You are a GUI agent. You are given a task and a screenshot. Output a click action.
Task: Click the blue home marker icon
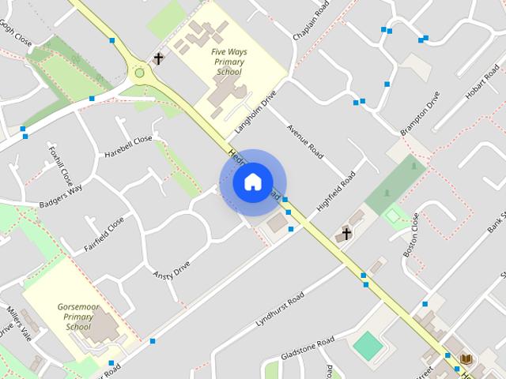[252, 182]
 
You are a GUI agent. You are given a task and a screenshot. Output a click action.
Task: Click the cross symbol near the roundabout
[158, 58]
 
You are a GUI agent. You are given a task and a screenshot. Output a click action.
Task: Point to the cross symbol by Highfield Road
[345, 234]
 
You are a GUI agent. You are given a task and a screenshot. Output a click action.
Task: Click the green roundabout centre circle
[140, 73]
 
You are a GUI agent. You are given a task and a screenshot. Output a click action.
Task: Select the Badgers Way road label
[61, 197]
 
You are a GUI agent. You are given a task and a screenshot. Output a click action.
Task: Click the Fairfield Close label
[104, 235]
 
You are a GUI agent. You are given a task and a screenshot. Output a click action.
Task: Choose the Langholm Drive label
[255, 111]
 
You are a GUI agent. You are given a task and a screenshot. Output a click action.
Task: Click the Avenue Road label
[305, 140]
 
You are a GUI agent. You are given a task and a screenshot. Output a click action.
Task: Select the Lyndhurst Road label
[280, 310]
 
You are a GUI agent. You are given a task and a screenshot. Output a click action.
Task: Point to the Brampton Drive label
[420, 114]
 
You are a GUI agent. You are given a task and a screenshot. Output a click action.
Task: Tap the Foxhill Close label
[60, 162]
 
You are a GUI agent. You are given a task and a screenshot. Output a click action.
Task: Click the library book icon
[466, 358]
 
